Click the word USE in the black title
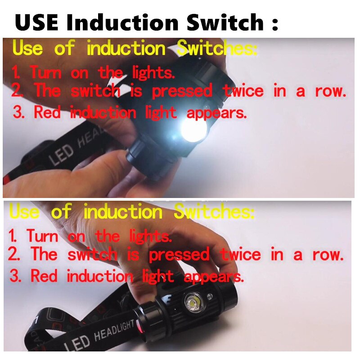(39, 21)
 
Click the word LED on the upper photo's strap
(62, 154)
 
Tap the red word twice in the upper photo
(243, 91)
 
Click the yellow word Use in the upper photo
(28, 48)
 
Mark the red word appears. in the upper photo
(216, 112)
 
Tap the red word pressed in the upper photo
(182, 91)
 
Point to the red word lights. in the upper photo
(153, 72)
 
